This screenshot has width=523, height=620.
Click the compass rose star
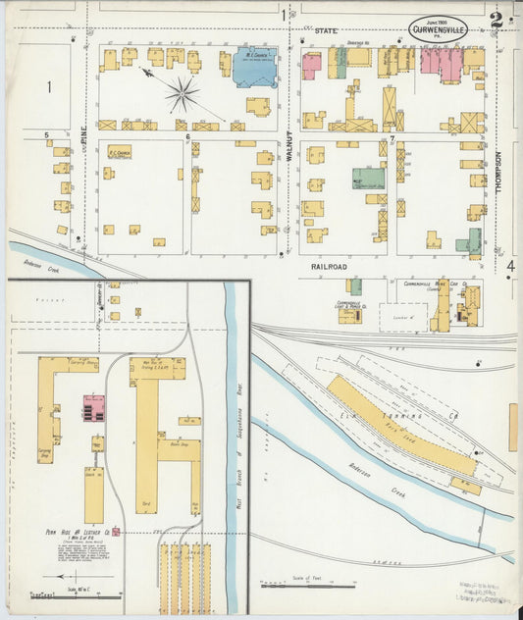pos(183,94)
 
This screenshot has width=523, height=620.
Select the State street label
pos(325,31)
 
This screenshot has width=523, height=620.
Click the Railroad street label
pos(331,265)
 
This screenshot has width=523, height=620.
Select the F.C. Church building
pos(120,152)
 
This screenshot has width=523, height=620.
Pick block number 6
pos(187,137)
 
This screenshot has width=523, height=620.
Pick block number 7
pos(392,138)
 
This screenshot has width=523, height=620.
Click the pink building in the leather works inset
pos(93,408)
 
